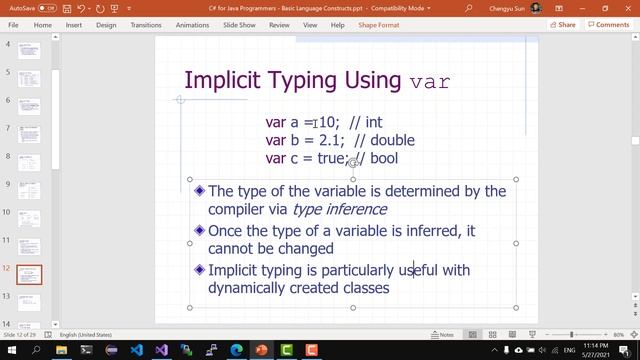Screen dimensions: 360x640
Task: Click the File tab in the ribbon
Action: (14, 25)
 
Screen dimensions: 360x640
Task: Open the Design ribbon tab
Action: (106, 25)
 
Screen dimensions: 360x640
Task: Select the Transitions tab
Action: (145, 25)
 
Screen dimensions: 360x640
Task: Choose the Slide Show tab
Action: (238, 25)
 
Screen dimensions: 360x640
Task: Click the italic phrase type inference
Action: (339, 209)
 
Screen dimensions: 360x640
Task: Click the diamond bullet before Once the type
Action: (200, 231)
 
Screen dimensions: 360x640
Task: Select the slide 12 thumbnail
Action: (31, 277)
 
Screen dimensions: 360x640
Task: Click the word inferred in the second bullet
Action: (433, 231)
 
